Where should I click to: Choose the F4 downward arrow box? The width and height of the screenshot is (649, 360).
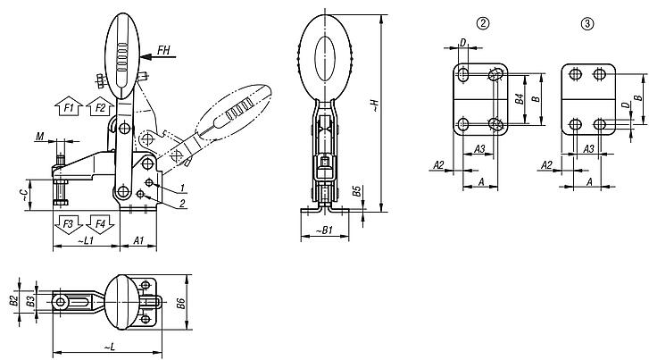tap(99, 222)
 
